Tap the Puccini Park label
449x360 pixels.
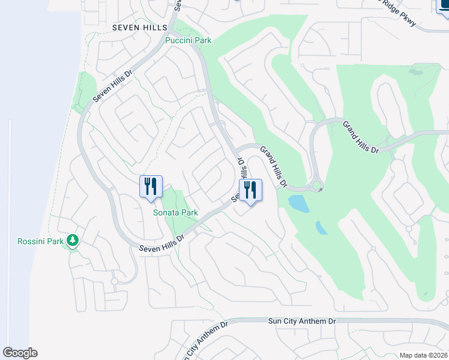pyautogui.click(x=188, y=41)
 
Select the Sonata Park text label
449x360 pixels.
pyautogui.click(x=175, y=212)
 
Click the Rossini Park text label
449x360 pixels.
pyautogui.click(x=41, y=242)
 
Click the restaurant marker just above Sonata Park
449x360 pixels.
pyautogui.click(x=151, y=186)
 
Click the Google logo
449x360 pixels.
pyautogui.click(x=20, y=352)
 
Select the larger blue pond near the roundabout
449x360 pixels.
pyautogui.click(x=299, y=204)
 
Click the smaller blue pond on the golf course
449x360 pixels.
pyautogui.click(x=322, y=228)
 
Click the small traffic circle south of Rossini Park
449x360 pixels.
pyautogui.click(x=114, y=281)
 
